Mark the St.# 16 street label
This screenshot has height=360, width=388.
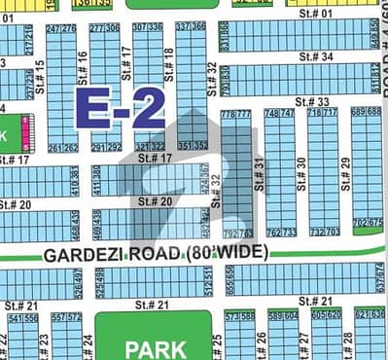pyautogui.click(x=82, y=69)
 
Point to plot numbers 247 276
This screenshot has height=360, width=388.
pyautogui.click(x=60, y=29)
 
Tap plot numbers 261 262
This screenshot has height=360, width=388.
pyautogui.click(x=63, y=148)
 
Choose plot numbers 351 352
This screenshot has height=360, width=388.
pyautogui.click(x=194, y=146)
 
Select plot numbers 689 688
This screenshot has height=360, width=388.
pyautogui.click(x=366, y=112)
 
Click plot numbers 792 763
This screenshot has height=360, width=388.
pyautogui.click(x=236, y=234)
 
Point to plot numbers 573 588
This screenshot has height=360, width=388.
pyautogui.click(x=239, y=316)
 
